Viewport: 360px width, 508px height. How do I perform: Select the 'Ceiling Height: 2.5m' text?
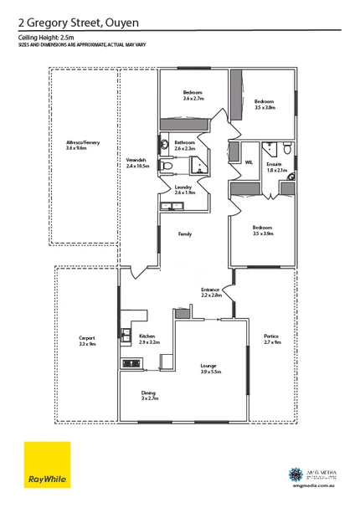coord(47,38)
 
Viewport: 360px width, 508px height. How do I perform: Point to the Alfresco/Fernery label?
coord(82,146)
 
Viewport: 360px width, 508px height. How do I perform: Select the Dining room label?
coord(150,395)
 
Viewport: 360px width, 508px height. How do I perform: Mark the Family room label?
coord(185,235)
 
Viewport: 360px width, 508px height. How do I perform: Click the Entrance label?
coord(210,292)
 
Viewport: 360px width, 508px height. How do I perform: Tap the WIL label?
coord(249,162)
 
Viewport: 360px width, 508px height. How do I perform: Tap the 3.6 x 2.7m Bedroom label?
coord(194,95)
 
